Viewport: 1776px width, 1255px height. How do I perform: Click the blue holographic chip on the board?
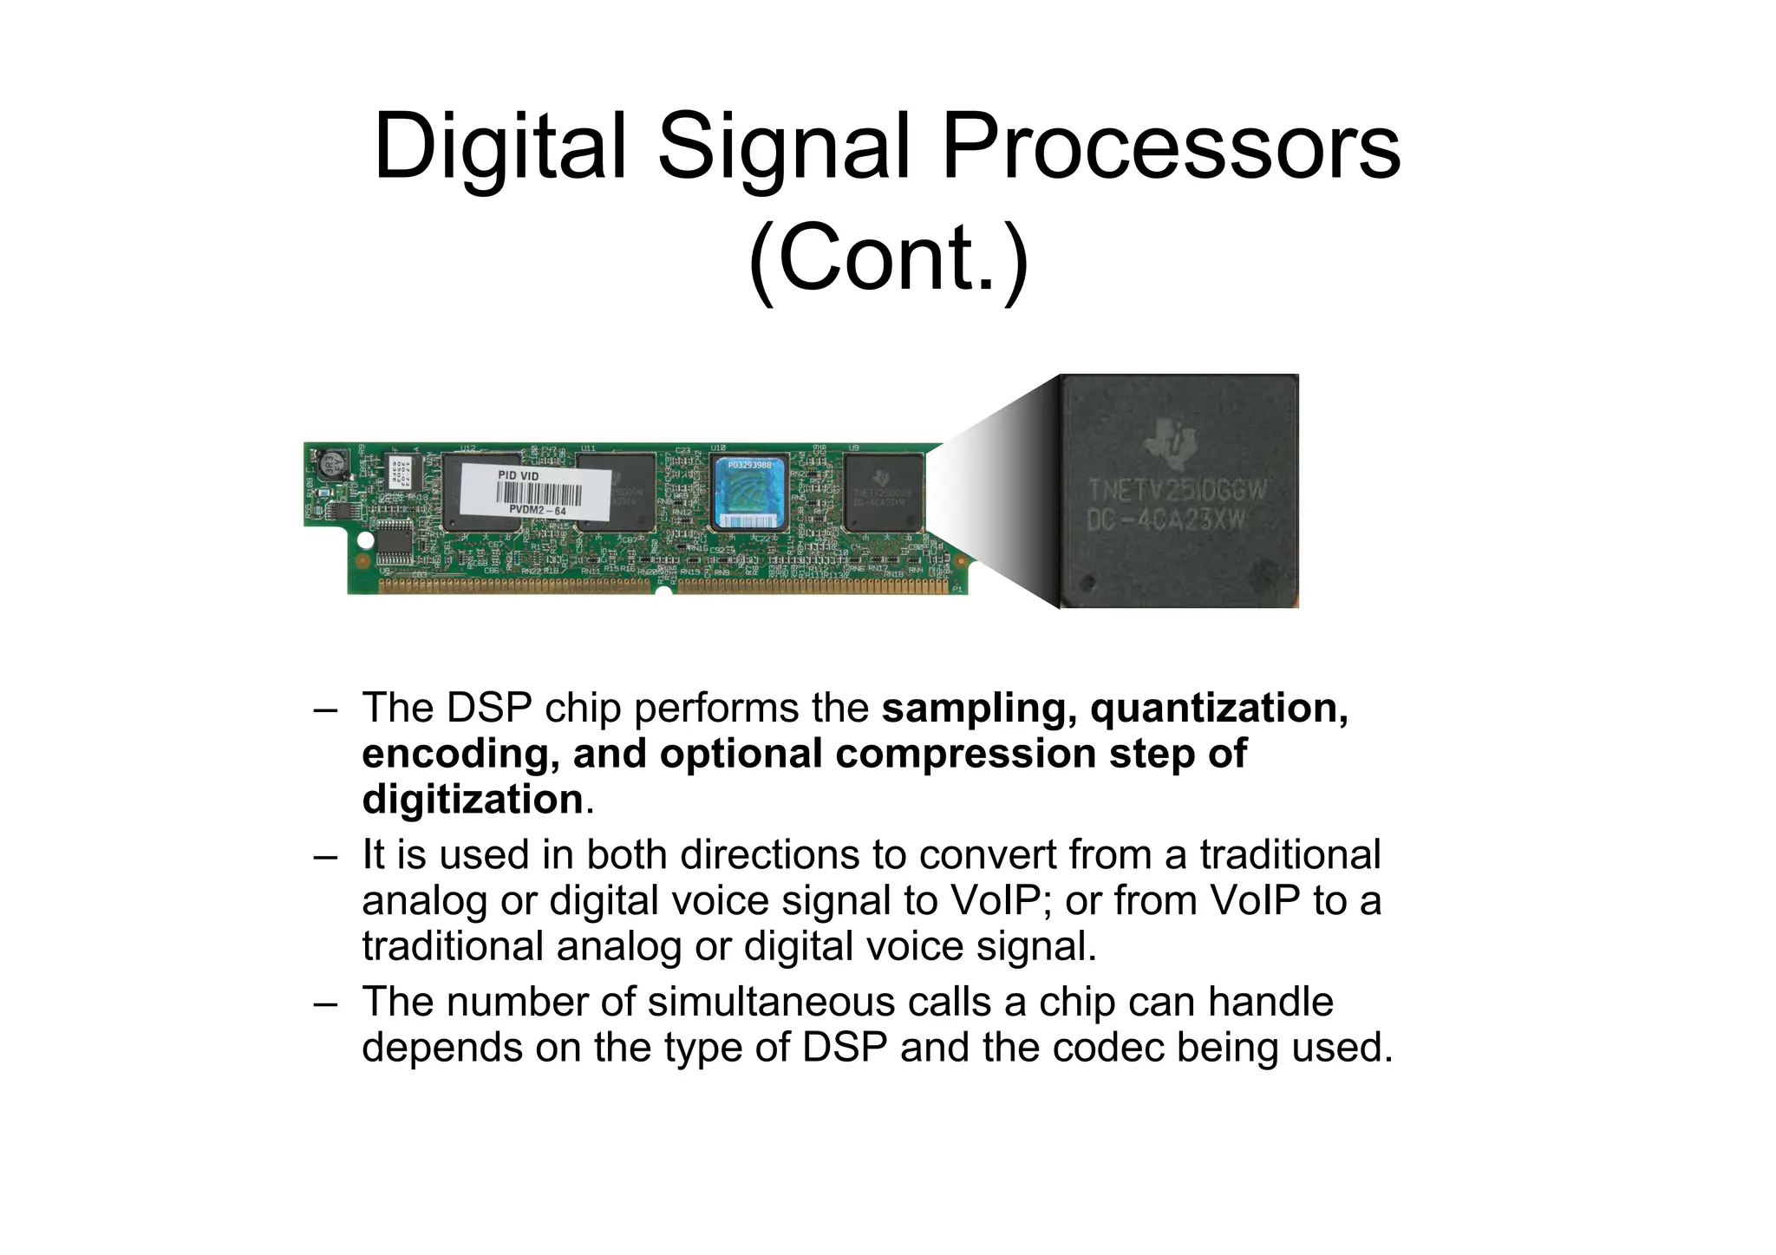pos(748,494)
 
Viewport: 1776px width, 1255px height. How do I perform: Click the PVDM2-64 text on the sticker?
pos(538,512)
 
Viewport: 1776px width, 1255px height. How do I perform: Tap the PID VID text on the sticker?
pos(519,476)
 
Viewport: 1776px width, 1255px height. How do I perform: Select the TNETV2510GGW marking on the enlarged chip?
pos(1177,491)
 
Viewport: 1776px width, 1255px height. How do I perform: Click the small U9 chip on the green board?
pos(883,493)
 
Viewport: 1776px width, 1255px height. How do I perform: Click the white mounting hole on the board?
pos(366,541)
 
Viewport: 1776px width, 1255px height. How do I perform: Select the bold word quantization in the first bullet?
pos(1218,708)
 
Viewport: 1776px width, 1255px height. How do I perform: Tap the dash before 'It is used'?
pos(325,856)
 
